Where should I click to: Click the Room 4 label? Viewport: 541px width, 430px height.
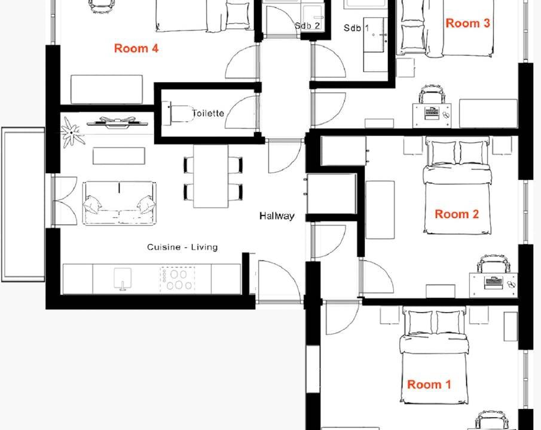point(136,48)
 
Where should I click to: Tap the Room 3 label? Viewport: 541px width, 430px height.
point(467,23)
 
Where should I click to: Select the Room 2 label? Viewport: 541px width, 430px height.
point(457,214)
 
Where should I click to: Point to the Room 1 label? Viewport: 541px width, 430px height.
point(429,385)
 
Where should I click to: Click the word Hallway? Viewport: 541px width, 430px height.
point(277,216)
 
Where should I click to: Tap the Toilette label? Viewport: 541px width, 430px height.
point(208,113)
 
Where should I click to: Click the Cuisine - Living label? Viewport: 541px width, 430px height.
point(182,247)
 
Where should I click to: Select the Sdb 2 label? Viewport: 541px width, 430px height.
point(307,26)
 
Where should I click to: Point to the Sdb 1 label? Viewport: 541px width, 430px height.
point(356,28)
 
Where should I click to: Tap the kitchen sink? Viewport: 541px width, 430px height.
point(123,278)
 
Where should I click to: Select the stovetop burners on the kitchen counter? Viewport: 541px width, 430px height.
point(178,279)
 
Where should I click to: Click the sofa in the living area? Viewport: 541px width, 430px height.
point(119,203)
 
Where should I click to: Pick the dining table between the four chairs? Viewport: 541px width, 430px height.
point(210,176)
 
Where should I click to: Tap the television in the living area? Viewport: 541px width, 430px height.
point(117,122)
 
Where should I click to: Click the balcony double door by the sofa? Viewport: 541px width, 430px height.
point(65,201)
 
